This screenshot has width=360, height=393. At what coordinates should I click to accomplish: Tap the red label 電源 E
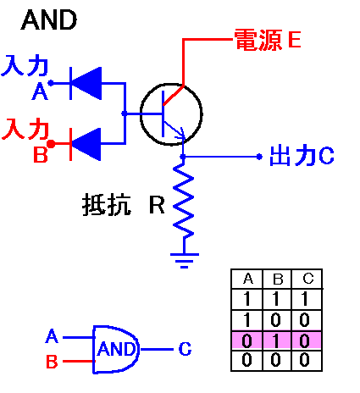coord(261,39)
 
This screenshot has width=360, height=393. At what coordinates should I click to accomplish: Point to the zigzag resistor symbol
coord(183,202)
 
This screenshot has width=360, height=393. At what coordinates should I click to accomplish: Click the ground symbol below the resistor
coord(183,257)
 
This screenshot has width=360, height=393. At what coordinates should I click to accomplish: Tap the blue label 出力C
coord(301,156)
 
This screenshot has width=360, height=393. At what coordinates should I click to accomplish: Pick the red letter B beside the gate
coord(51,362)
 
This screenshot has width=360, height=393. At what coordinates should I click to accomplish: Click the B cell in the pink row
coord(278,340)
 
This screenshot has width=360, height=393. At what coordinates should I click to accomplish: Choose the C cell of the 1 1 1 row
coord(307,300)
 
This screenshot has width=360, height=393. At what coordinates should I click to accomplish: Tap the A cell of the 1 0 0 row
coord(248,320)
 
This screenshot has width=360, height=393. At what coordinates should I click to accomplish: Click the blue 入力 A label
coord(25,75)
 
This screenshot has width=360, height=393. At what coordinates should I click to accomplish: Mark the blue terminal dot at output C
coord(259,157)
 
